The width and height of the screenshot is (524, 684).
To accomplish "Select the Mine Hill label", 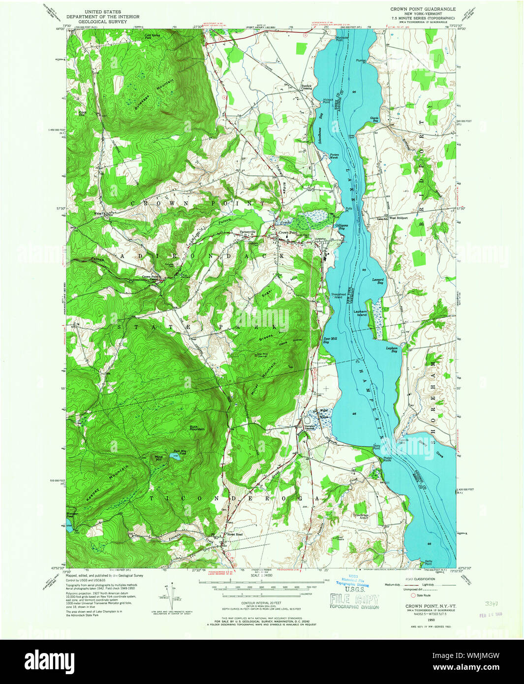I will [158, 458].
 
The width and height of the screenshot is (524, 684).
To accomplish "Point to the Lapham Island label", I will [362, 313].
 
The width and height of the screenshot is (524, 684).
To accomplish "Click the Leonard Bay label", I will [377, 281].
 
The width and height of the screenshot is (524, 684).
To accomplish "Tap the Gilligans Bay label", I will [344, 227].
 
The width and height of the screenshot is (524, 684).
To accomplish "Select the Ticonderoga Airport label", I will [360, 517].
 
